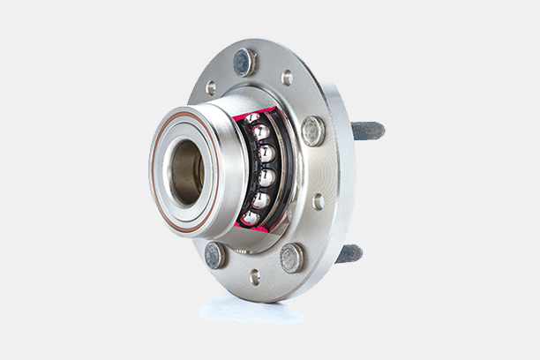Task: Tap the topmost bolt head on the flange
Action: click(x=244, y=62)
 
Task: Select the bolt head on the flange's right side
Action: click(x=312, y=131)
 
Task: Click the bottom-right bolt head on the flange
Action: click(x=291, y=258)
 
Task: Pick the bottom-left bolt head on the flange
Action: click(x=214, y=255)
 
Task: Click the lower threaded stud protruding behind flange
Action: click(x=349, y=253)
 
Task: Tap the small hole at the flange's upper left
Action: click(x=211, y=87)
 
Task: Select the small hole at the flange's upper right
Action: click(x=287, y=78)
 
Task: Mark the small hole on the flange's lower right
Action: click(x=319, y=201)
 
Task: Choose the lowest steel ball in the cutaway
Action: click(x=251, y=218)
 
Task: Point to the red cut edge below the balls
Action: click(x=252, y=229)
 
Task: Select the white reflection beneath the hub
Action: click(x=251, y=309)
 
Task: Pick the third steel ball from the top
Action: click(x=266, y=154)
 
